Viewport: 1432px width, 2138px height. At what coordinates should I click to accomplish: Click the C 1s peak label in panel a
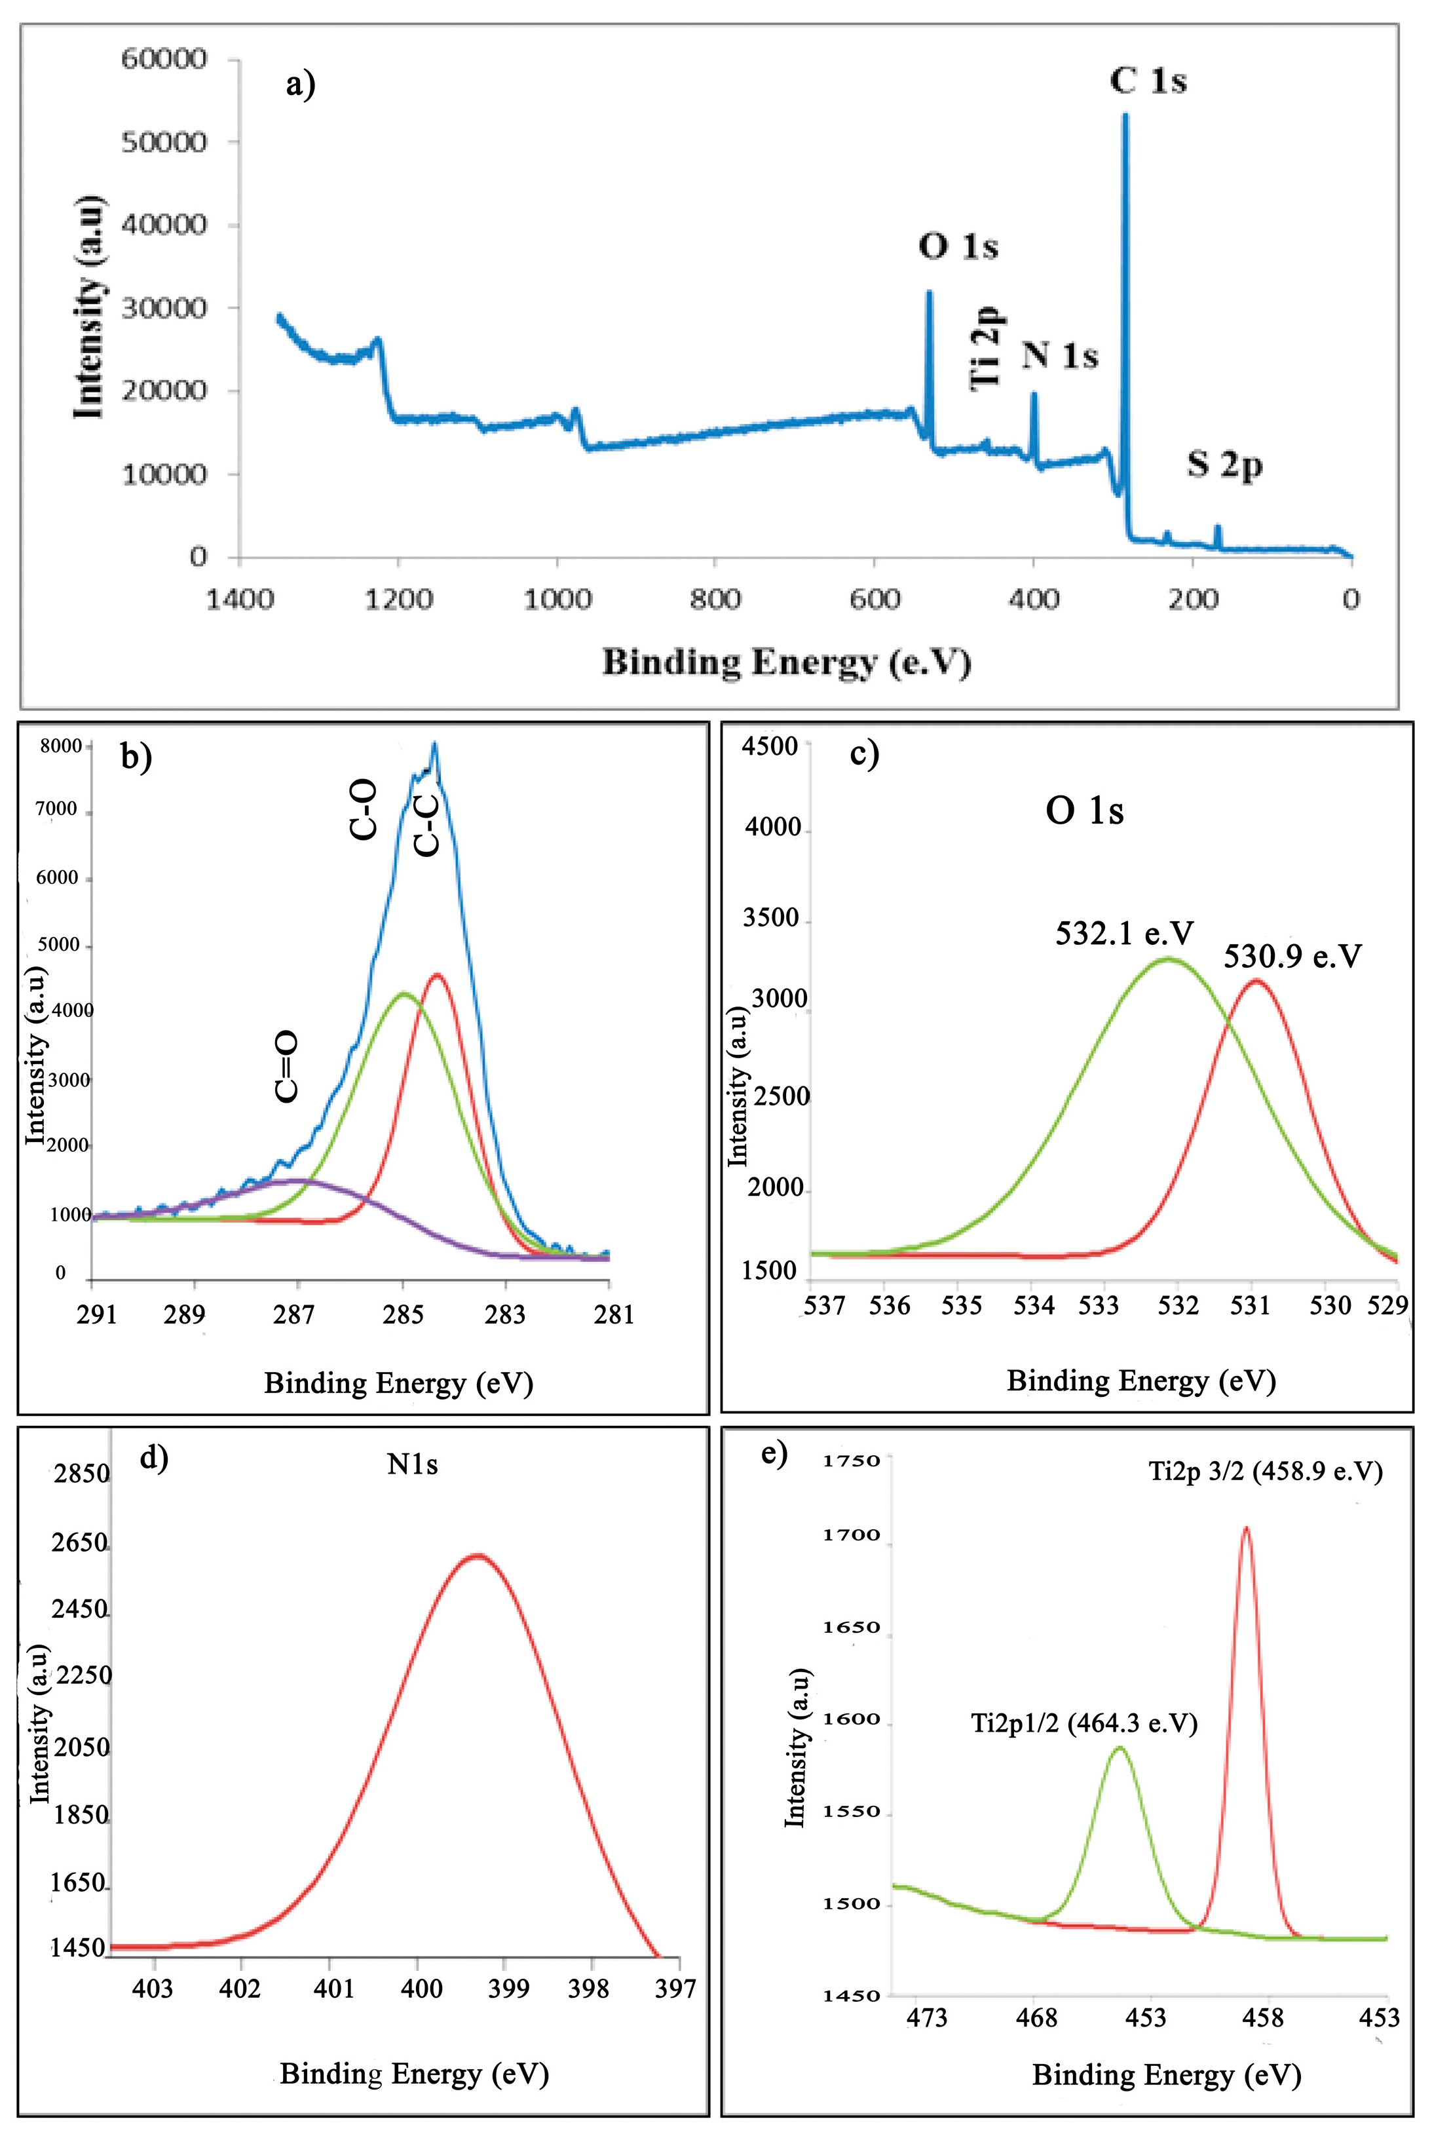1148,81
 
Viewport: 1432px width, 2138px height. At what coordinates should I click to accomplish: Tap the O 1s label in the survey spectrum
958,246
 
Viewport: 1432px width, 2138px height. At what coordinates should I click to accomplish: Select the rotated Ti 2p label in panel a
987,348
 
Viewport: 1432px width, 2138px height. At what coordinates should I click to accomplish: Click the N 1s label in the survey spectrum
1059,354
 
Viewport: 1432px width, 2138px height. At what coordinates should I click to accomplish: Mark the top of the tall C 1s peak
1125,116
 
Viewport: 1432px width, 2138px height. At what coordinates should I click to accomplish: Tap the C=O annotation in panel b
287,1066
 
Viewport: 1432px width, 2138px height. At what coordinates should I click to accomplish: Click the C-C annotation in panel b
426,825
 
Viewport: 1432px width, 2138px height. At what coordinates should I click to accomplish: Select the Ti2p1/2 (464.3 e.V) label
1083,1723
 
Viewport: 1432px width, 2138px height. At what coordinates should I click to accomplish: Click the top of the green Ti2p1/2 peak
1120,1748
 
